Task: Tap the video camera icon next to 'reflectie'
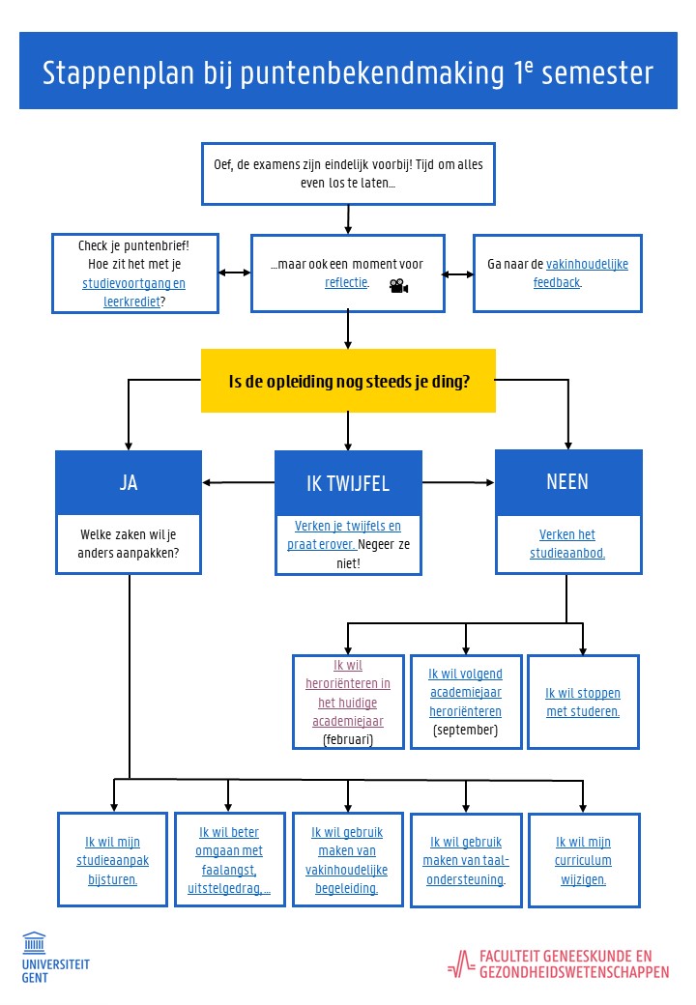pyautogui.click(x=398, y=286)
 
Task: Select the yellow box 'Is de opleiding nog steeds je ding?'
pyautogui.click(x=348, y=381)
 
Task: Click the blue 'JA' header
pyautogui.click(x=129, y=482)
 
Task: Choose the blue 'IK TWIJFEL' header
pyautogui.click(x=348, y=483)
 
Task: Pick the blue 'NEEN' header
pyautogui.click(x=567, y=481)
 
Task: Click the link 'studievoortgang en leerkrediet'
pyautogui.click(x=133, y=293)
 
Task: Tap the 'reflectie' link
pyautogui.click(x=346, y=283)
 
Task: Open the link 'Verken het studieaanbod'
pyautogui.click(x=567, y=544)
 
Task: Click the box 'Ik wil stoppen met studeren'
pyautogui.click(x=583, y=703)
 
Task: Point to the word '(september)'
pyautogui.click(x=466, y=730)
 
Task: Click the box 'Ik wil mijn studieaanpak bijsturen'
pyautogui.click(x=113, y=860)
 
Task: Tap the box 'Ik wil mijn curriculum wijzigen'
pyautogui.click(x=583, y=860)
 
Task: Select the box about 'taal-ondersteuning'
pyautogui.click(x=466, y=860)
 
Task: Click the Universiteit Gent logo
pyautogui.click(x=55, y=958)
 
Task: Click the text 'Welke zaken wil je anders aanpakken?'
pyautogui.click(x=129, y=544)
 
